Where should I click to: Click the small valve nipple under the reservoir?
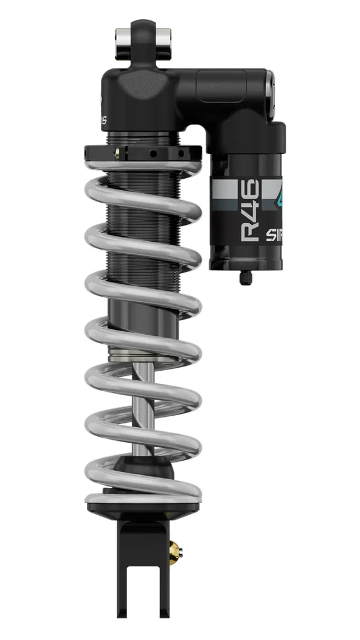pos(245,277)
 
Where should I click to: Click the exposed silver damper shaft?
pos(144,408)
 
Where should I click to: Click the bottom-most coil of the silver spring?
pos(144,494)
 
